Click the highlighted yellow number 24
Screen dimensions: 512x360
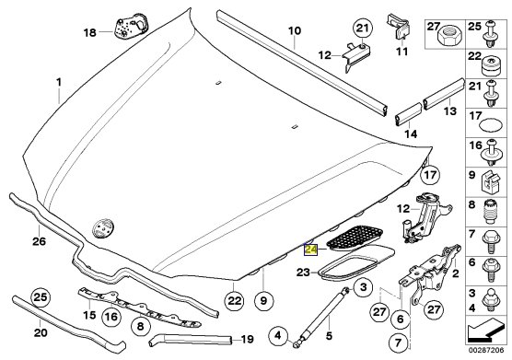(311, 250)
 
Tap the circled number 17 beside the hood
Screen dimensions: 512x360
(430, 175)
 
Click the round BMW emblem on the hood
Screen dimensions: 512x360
(103, 226)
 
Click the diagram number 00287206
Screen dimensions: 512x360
(486, 351)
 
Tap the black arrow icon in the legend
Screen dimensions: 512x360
(485, 332)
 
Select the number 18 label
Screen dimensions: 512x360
(90, 32)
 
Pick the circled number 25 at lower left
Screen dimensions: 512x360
(41, 298)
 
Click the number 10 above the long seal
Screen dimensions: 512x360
(294, 31)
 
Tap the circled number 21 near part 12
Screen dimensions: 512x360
(362, 29)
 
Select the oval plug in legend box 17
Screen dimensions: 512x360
(491, 125)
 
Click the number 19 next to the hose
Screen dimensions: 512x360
(247, 340)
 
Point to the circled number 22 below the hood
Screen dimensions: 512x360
(235, 300)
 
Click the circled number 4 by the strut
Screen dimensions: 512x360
(278, 335)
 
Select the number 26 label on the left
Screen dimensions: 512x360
(39, 241)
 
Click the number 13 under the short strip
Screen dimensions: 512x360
(450, 111)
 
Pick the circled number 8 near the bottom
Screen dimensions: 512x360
(140, 326)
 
